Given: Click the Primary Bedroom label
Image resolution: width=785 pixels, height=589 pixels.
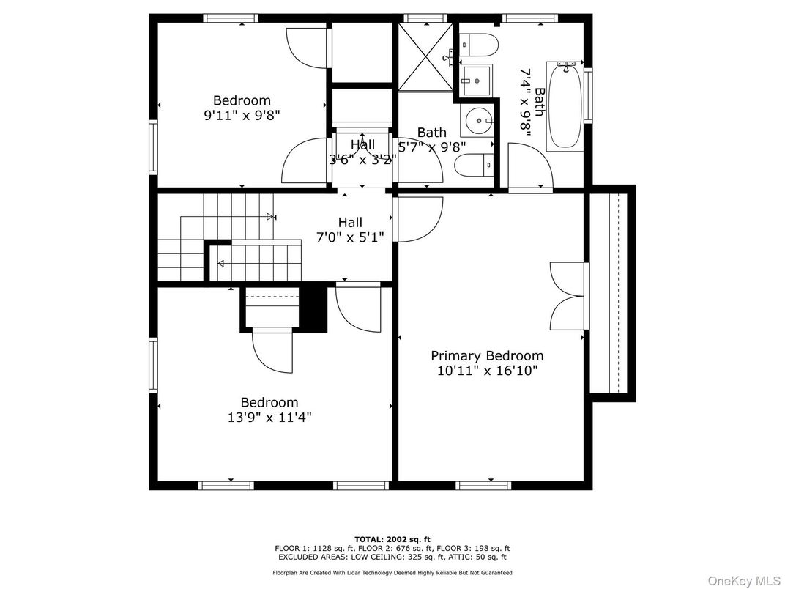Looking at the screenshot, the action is tap(487, 355).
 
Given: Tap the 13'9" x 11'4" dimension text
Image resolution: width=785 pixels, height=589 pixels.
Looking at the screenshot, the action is tap(269, 418).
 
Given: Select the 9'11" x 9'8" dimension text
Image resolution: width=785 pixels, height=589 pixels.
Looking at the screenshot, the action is tap(242, 115).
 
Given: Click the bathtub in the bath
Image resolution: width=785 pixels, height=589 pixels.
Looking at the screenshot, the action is tap(565, 105).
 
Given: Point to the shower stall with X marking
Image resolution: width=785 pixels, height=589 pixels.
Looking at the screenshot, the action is tap(425, 57).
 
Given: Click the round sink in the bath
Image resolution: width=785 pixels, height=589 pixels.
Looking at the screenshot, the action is tap(479, 121).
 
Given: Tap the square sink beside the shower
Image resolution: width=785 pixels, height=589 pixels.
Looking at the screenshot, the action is tap(477, 80).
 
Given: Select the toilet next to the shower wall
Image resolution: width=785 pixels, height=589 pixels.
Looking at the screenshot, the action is tap(479, 45).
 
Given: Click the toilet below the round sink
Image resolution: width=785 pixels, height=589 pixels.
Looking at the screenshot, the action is tap(474, 166).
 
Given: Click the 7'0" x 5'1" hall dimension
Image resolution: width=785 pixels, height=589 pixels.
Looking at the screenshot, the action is tap(350, 237).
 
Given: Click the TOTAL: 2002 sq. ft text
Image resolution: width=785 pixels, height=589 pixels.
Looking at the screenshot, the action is tap(392, 539).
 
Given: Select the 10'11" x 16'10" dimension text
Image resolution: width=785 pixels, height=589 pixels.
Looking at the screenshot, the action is tap(487, 371).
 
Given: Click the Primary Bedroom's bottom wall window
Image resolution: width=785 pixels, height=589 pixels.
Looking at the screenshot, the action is tap(483, 485).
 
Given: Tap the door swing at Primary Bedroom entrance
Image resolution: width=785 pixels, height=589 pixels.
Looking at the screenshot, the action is tap(419, 219).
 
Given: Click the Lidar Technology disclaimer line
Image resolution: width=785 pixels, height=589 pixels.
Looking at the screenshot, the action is tap(392, 572).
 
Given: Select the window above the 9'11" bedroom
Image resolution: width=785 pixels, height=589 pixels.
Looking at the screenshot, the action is tap(231, 18).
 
